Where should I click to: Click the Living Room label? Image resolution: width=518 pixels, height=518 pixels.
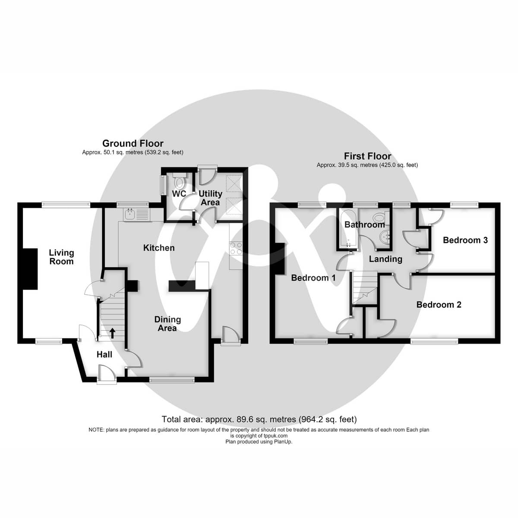tap(62, 257)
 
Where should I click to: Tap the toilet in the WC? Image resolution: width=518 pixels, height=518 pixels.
tap(179, 180)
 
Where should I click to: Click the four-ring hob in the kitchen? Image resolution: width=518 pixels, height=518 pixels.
tap(236, 248)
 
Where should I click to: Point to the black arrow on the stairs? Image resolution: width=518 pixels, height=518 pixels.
tap(113, 333)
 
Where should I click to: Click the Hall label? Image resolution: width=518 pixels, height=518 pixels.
tap(104, 354)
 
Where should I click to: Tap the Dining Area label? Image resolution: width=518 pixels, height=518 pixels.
tap(167, 324)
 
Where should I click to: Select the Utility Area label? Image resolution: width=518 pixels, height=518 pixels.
tap(210, 198)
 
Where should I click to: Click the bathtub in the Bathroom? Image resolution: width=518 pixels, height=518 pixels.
tap(348, 227)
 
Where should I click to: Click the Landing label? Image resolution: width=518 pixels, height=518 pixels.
tap(385, 259)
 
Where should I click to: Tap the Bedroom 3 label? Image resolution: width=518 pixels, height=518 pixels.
tap(465, 240)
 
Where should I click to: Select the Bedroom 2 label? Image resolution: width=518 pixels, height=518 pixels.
tap(439, 305)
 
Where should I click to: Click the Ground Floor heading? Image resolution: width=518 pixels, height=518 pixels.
tap(133, 143)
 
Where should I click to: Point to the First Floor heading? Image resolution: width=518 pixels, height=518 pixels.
tap(367, 156)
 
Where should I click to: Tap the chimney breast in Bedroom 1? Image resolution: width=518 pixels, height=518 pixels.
tap(279, 259)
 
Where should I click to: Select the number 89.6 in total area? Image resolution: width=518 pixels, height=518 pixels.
tap(244, 419)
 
